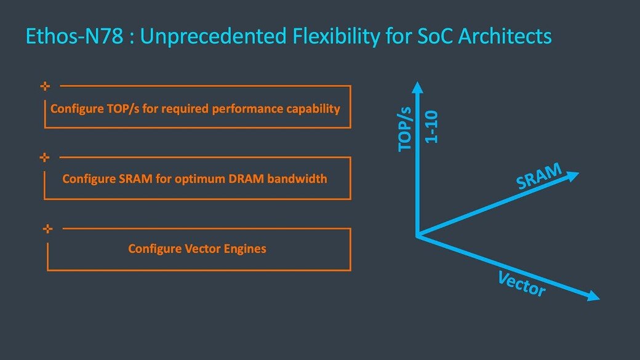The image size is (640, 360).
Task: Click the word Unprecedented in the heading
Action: pyautogui.click(x=213, y=36)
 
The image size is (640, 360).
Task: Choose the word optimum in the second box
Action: pyautogui.click(x=204, y=179)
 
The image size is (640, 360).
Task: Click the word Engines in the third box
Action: pyautogui.click(x=244, y=249)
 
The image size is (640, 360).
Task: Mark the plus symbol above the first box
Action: pyautogui.click(x=44, y=86)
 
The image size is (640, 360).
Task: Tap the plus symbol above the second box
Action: pyautogui.click(x=44, y=157)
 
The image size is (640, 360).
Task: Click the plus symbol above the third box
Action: pyautogui.click(x=47, y=228)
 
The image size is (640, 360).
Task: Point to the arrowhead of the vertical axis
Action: pyautogui.click(x=418, y=86)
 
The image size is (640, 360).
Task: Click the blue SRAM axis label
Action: pyautogui.click(x=539, y=176)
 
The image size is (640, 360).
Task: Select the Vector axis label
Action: pyautogui.click(x=521, y=283)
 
